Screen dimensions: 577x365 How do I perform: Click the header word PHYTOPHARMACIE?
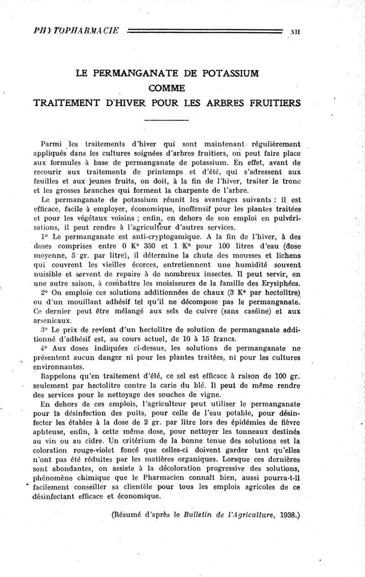[x=77, y=31]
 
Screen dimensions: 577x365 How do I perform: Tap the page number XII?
[x=295, y=32]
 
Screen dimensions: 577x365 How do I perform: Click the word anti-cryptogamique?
[x=152, y=237]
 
